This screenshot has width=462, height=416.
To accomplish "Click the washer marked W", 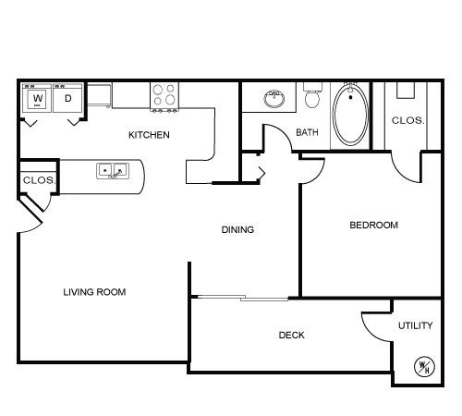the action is [x=37, y=98].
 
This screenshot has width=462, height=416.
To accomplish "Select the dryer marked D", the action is [x=67, y=98].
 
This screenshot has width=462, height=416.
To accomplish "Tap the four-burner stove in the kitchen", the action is [x=164, y=97].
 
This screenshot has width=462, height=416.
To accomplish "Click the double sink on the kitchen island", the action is [x=113, y=171].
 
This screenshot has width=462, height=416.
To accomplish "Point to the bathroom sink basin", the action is [x=274, y=99].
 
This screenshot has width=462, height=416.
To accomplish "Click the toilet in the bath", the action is [x=312, y=95].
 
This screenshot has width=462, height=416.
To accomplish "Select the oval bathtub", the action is [x=351, y=115].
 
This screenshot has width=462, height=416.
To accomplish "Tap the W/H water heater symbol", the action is [x=424, y=367].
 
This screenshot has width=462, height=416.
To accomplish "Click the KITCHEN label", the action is [x=149, y=135].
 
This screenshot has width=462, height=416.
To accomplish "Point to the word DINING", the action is [x=237, y=229].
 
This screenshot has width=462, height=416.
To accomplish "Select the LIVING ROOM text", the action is [x=94, y=292].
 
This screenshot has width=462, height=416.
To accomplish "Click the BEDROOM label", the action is [x=373, y=225].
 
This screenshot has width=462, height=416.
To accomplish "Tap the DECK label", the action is [x=291, y=335].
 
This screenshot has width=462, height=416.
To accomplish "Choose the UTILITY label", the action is [x=416, y=325].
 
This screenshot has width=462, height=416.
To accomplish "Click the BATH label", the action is [x=307, y=132].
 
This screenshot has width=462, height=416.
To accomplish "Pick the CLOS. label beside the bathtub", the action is [x=407, y=120].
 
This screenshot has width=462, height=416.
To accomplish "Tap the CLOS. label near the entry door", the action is [x=39, y=180].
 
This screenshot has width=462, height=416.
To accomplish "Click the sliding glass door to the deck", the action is [x=243, y=298].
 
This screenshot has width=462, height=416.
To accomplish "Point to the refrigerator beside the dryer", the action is [x=99, y=95].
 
